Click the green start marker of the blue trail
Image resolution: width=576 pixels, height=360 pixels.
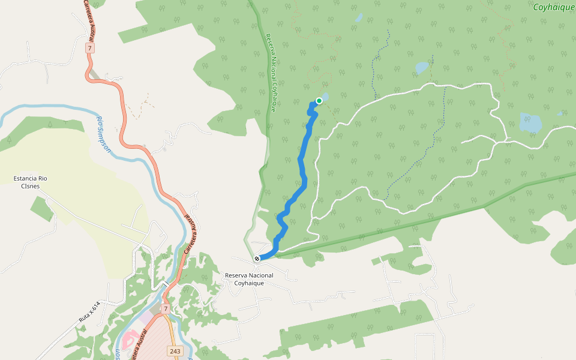click(x=319, y=101)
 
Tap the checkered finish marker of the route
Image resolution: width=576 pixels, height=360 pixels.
click(x=257, y=259)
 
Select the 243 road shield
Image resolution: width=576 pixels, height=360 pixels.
click(x=175, y=351)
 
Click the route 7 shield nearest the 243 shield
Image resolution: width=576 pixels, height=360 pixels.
click(x=165, y=308)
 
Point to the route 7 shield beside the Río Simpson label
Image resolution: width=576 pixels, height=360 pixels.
click(x=89, y=47)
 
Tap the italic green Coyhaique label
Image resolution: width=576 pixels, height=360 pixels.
click(x=553, y=7)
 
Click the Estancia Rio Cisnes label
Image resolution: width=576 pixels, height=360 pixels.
click(x=30, y=182)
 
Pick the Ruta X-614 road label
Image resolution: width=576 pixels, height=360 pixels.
click(x=88, y=313)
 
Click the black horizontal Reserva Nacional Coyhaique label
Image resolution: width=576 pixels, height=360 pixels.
click(x=248, y=279)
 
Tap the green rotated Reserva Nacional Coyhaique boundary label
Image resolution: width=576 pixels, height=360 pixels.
click(x=271, y=72)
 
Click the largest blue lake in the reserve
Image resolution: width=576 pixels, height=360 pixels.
click(x=530, y=123)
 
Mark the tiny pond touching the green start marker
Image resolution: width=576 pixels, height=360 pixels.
click(x=325, y=97)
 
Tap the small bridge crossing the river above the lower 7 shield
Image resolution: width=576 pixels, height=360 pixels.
click(x=165, y=283)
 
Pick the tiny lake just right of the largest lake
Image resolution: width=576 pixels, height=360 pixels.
click(x=560, y=113)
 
